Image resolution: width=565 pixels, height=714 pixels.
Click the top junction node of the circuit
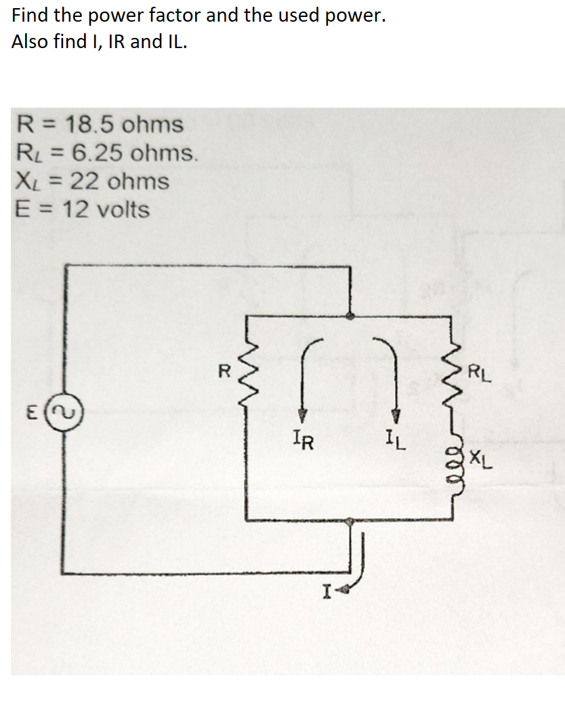349,315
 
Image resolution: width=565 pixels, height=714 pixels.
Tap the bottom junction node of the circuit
349,521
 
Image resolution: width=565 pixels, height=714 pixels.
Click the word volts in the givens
123,210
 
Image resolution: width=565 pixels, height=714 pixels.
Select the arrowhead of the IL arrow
398,415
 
